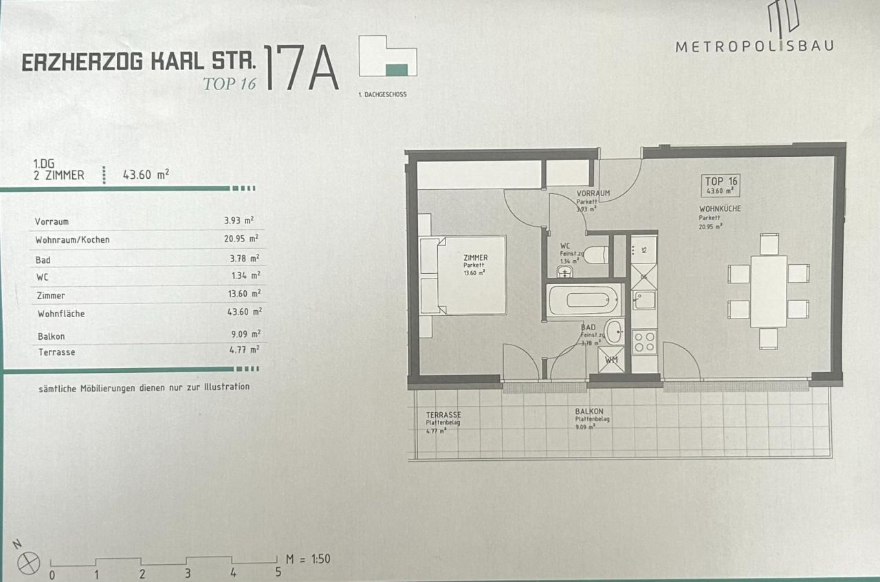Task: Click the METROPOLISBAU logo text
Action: tap(754, 46)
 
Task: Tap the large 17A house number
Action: tap(300, 69)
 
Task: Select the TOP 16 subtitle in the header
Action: tap(229, 84)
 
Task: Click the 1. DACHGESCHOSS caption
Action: tap(382, 94)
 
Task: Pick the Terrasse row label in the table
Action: tap(55, 352)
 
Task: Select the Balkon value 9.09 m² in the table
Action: tap(245, 334)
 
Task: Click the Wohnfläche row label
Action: tap(60, 314)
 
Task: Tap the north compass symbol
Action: tap(29, 563)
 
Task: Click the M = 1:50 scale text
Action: tap(307, 559)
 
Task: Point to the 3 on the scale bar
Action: tap(188, 573)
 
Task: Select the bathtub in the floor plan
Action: tap(584, 301)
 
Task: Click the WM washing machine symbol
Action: tap(611, 359)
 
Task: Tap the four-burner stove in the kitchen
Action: tap(644, 341)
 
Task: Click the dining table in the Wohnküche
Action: tap(768, 291)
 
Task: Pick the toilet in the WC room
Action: tap(595, 254)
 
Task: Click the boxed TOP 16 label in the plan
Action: tap(720, 185)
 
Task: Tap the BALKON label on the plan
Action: tap(589, 412)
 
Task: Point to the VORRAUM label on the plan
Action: tap(593, 193)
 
